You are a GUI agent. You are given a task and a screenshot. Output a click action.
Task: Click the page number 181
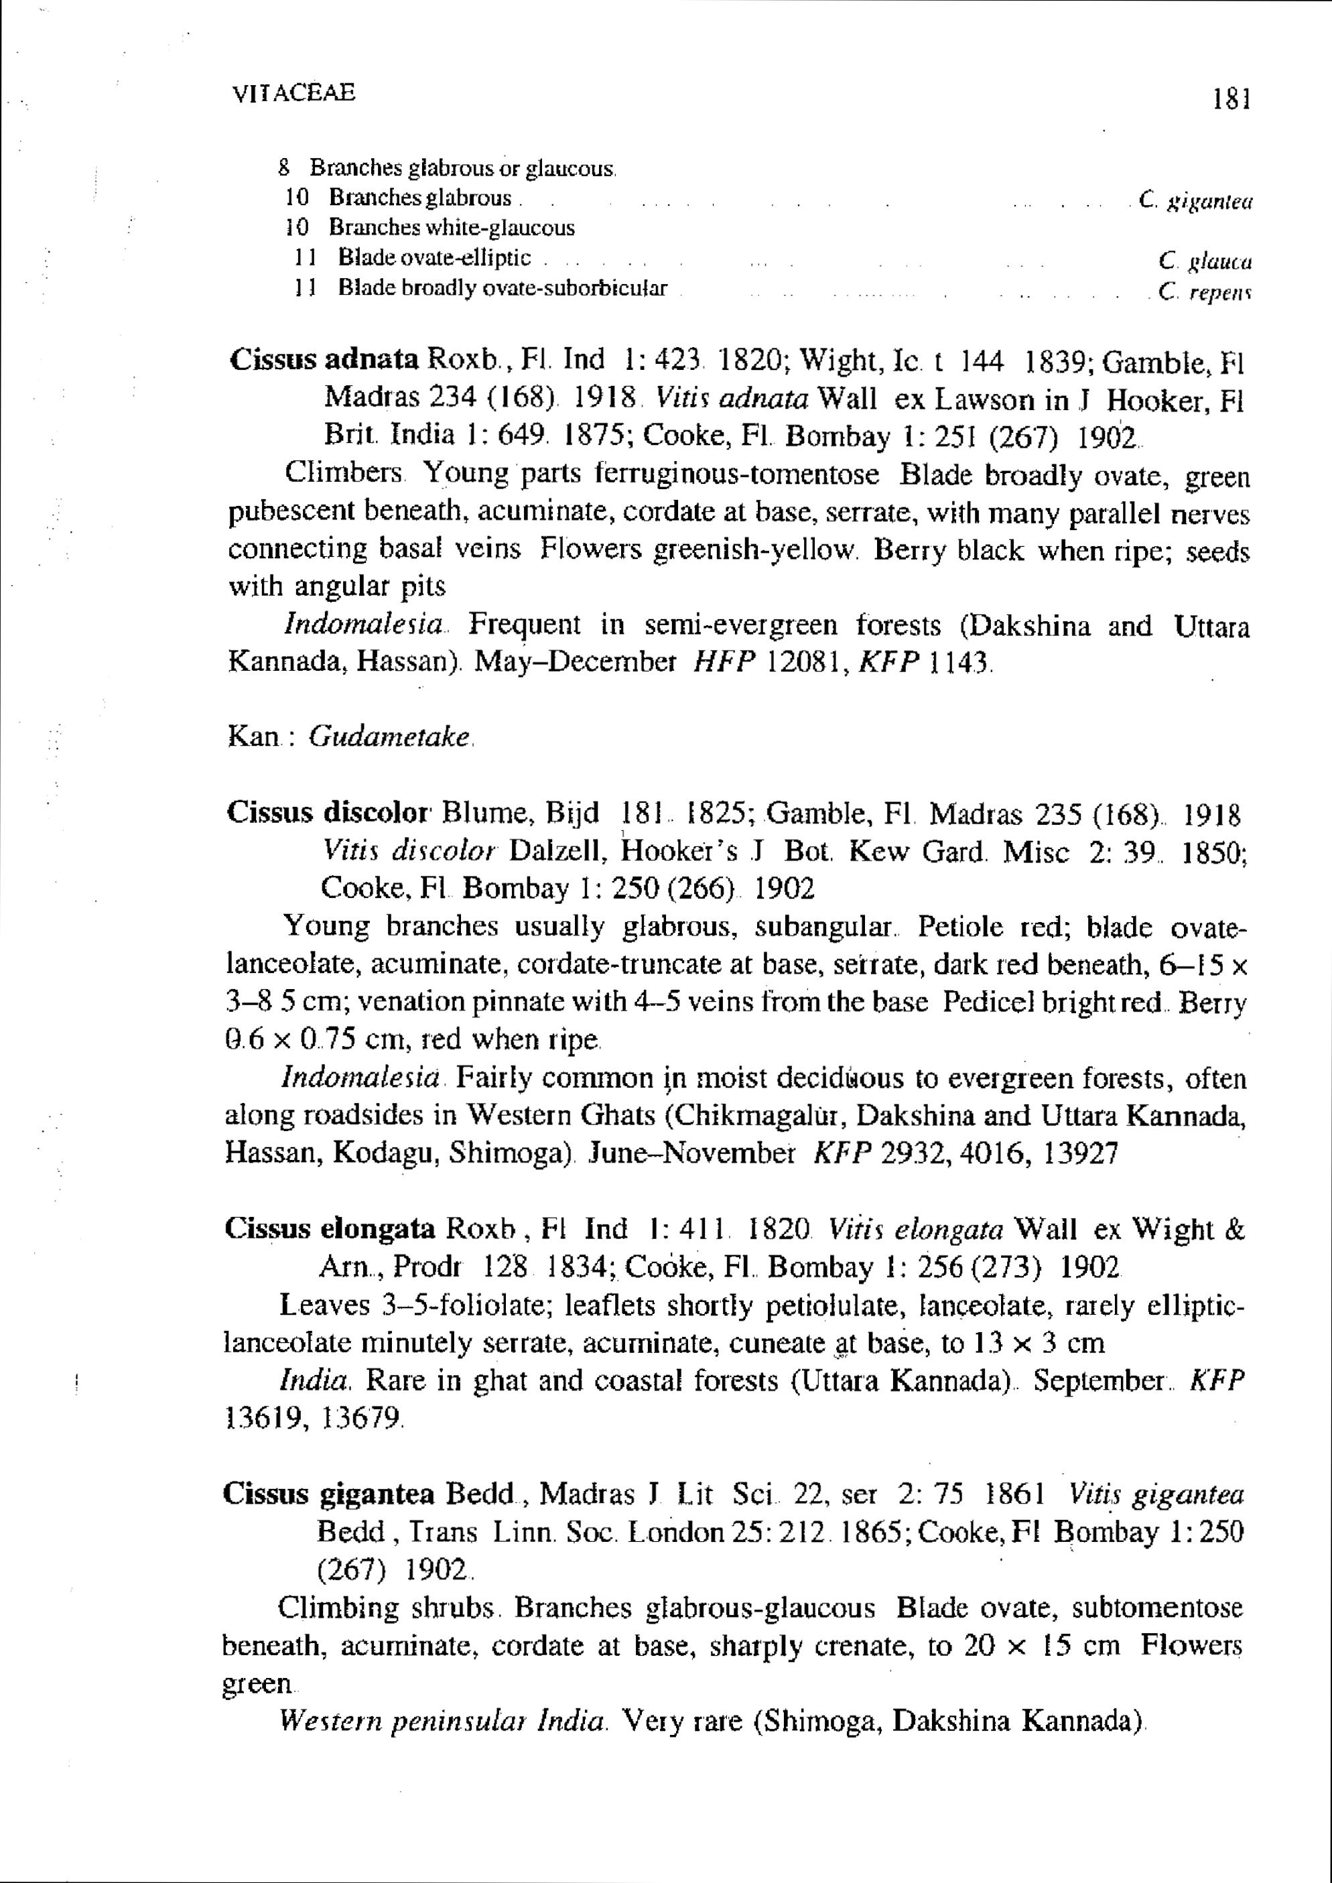tap(1229, 100)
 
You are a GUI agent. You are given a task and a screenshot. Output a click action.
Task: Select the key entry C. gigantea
tap(1196, 199)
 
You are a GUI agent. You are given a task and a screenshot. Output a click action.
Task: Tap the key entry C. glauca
tap(1204, 261)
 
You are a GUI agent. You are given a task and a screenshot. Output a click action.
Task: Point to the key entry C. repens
tap(1204, 291)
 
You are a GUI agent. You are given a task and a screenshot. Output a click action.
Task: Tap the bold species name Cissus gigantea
tap(328, 1494)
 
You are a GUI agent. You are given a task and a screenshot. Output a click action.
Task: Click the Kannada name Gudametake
tap(389, 736)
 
